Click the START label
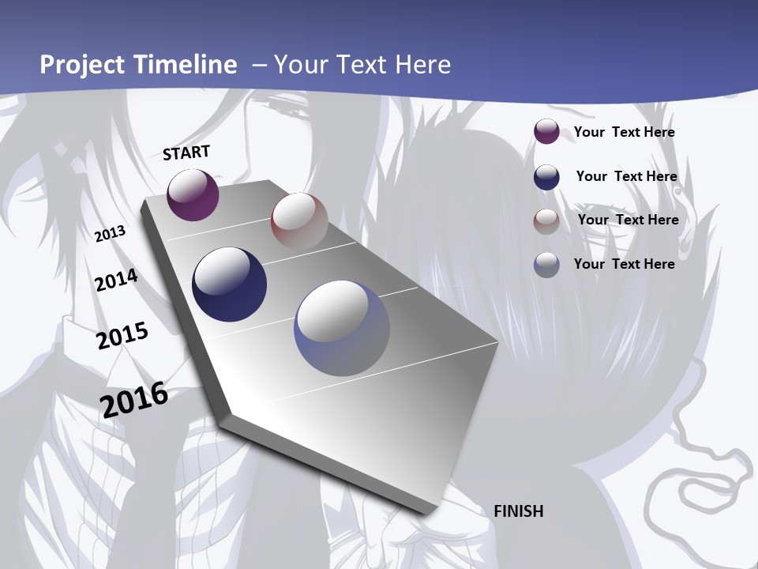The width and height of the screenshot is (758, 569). tap(186, 153)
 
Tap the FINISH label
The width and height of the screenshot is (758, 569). tap(519, 511)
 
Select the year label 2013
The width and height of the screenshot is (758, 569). tap(110, 234)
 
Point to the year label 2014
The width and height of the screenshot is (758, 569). tap(116, 281)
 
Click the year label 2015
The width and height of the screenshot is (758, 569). tap(122, 336)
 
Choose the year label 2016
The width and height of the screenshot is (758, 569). tap(134, 399)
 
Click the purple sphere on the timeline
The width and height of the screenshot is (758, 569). tap(193, 194)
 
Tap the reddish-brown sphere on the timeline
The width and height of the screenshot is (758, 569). tap(299, 220)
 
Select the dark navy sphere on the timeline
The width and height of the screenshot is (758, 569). tap(230, 284)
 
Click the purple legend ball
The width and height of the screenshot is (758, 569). tap(546, 131)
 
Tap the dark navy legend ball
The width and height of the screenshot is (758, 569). tap(546, 177)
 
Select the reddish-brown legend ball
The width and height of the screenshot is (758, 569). tap(546, 221)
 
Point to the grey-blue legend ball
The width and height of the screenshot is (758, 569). tap(546, 265)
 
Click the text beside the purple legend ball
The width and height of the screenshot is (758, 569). tap(624, 132)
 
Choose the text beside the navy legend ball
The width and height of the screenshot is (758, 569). tap(626, 176)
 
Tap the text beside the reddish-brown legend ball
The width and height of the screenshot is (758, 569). tap(628, 220)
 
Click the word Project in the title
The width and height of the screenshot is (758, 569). tap(83, 65)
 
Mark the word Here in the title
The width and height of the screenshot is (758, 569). tap(422, 65)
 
